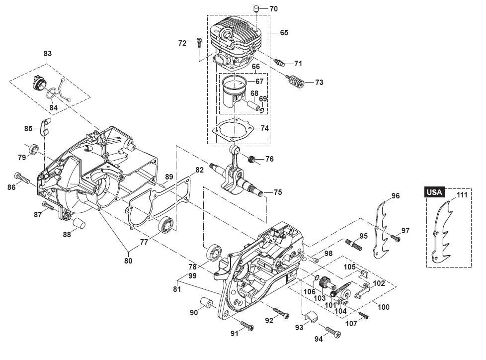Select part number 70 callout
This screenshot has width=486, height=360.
click(274, 9)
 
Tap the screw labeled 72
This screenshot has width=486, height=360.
click(199, 43)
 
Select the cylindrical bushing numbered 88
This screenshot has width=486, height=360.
click(80, 222)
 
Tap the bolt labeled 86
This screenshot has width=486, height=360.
click(23, 179)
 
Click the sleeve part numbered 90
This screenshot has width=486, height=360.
click(205, 304)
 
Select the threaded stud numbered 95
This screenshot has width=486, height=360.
click(353, 245)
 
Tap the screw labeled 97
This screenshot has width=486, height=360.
click(395, 239)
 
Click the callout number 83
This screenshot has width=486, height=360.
click(48, 53)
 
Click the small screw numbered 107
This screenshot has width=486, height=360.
click(363, 316)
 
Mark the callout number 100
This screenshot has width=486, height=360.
click(383, 307)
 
